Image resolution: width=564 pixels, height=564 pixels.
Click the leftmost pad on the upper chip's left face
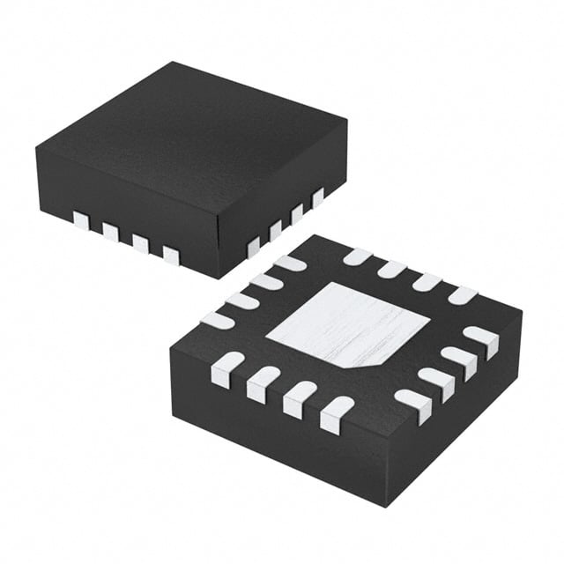[x=81, y=220]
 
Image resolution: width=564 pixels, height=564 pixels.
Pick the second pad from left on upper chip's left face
[x=110, y=232]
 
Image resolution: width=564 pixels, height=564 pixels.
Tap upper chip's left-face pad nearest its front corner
[x=170, y=256]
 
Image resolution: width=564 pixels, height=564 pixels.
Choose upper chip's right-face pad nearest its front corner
[x=253, y=247]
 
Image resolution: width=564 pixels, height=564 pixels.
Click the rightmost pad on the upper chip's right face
[x=317, y=197]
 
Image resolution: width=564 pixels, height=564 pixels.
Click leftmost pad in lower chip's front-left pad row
[x=227, y=368]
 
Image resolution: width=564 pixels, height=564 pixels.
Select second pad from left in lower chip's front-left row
[x=263, y=383]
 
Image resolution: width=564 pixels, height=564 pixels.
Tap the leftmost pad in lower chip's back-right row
[x=357, y=256]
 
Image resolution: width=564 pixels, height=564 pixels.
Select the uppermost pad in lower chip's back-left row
[x=290, y=263]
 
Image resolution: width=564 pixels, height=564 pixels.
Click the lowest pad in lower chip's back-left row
[x=218, y=320]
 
